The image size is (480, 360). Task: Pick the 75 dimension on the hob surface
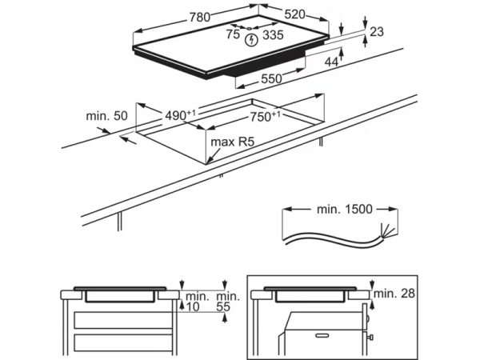coord(233,34)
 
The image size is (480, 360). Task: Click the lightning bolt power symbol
coord(254,38)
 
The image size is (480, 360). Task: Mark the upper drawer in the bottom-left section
coord(119,320)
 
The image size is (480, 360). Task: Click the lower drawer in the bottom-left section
coord(119,344)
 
